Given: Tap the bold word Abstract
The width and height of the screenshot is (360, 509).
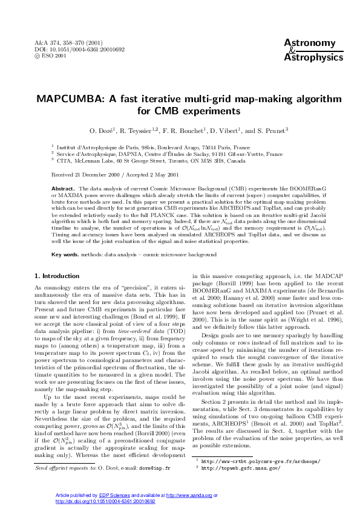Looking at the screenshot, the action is (x=63, y=189).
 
